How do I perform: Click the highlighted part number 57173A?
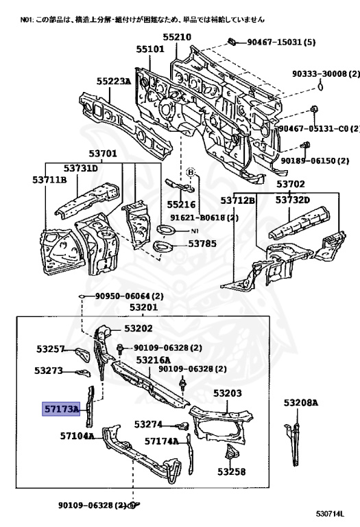pyautogui.click(x=61, y=409)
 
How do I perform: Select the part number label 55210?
pyautogui.click(x=177, y=37)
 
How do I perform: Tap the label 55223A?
pyautogui.click(x=114, y=81)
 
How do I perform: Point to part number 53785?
pyautogui.click(x=202, y=244)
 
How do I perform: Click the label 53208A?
pyautogui.click(x=300, y=402)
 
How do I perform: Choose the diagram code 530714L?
pyautogui.click(x=330, y=513)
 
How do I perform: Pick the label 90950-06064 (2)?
pyautogui.click(x=130, y=296)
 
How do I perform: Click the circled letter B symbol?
pyautogui.click(x=191, y=172)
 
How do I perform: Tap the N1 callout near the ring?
pyautogui.click(x=195, y=231)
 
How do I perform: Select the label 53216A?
pyautogui.click(x=153, y=360)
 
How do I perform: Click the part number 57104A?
pyautogui.click(x=77, y=436)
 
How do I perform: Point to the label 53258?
pyautogui.click(x=231, y=471)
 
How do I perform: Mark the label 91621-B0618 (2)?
pyautogui.click(x=204, y=218)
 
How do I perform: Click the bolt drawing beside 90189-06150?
pyautogui.click(x=305, y=146)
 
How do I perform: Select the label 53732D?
pyautogui.click(x=293, y=200)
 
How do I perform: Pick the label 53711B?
pyautogui.click(x=49, y=180)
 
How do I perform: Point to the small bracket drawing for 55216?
pyautogui.click(x=180, y=185)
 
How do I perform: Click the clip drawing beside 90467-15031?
pyautogui.click(x=231, y=42)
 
